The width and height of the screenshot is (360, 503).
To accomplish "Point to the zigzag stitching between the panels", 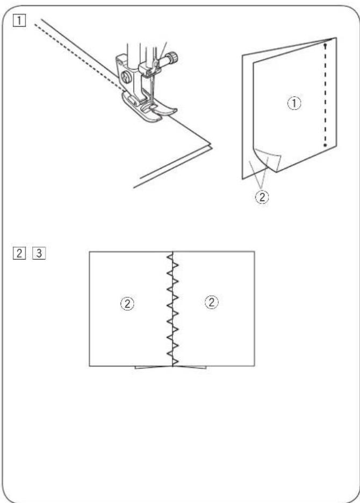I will tap(172, 309).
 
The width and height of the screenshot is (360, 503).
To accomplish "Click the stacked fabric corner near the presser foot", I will tap(207, 143).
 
